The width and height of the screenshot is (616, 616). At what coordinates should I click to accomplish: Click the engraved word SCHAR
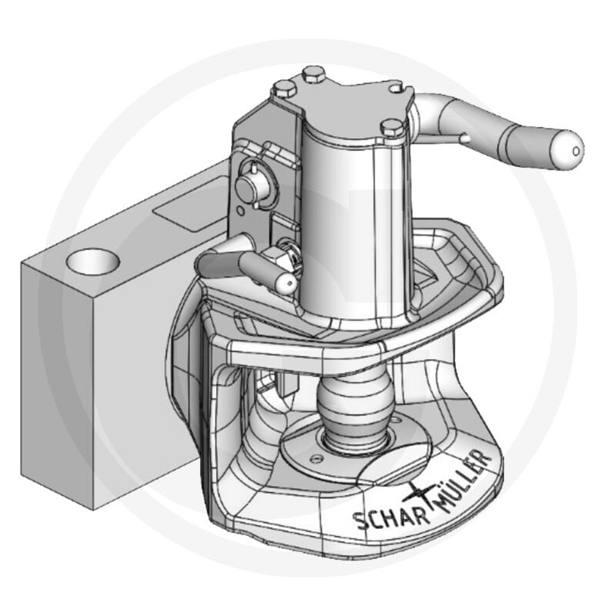click(x=391, y=518)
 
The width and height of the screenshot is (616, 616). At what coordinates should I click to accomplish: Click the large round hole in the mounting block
click(x=92, y=261)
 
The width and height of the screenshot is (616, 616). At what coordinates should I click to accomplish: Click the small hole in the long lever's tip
click(x=576, y=151)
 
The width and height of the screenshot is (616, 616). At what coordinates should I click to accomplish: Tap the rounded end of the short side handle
click(x=285, y=283)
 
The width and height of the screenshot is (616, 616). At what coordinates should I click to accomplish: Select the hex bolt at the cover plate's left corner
click(x=285, y=89)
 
